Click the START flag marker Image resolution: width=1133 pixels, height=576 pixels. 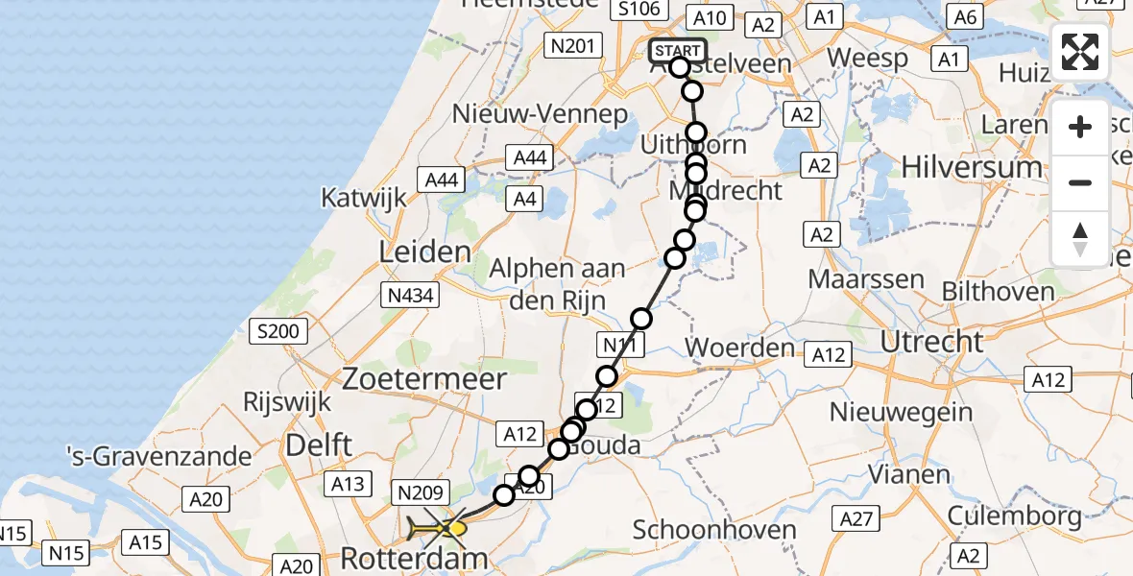[x=678, y=51]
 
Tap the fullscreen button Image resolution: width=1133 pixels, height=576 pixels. [x=1080, y=52]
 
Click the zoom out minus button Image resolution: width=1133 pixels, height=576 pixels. [x=1080, y=182]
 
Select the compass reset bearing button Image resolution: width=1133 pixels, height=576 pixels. [x=1080, y=238]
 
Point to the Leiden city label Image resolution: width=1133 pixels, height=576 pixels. [x=425, y=252]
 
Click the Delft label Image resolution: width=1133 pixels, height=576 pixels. [x=319, y=445]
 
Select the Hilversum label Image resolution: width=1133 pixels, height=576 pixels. [x=972, y=167]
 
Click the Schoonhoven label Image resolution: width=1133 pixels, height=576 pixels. [x=714, y=529]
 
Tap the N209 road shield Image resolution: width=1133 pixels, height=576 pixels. [x=419, y=493]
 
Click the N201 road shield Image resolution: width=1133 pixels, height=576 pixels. [x=571, y=44]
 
